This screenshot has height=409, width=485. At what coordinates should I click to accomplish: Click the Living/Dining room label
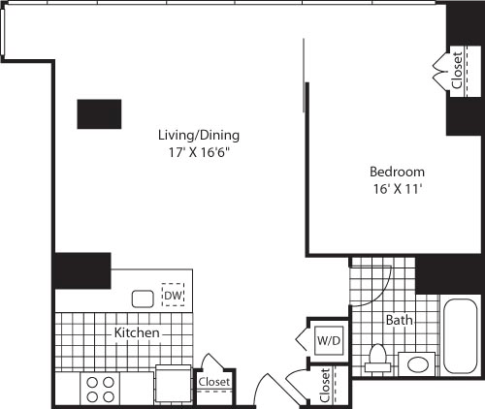pyautogui.click(x=199, y=135)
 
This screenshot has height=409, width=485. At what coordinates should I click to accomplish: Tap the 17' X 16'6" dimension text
pyautogui.click(x=199, y=152)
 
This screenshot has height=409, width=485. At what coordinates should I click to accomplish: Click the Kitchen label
pyautogui.click(x=137, y=332)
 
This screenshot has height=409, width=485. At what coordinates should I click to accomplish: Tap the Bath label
pyautogui.click(x=398, y=319)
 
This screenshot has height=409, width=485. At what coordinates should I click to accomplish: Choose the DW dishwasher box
pyautogui.click(x=174, y=296)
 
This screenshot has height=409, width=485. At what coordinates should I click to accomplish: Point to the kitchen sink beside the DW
pyautogui.click(x=143, y=299)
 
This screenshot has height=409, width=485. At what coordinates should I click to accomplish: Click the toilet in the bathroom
pyautogui.click(x=377, y=359)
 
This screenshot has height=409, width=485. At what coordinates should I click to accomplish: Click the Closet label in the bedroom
pyautogui.click(x=457, y=70)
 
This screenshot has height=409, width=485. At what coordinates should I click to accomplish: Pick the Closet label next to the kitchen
pyautogui.click(x=213, y=382)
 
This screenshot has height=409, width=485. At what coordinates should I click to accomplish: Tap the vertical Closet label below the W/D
pyautogui.click(x=324, y=385)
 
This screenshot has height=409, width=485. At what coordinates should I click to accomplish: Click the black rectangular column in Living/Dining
pyautogui.click(x=100, y=113)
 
